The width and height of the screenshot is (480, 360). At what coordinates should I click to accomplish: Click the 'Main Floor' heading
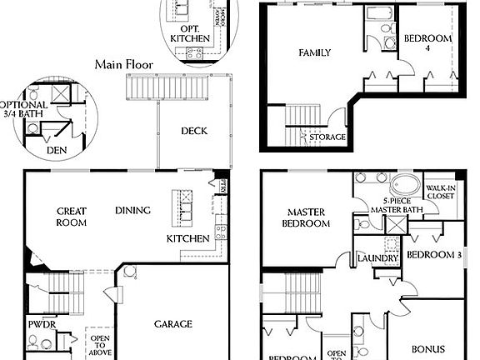[x=122, y=64]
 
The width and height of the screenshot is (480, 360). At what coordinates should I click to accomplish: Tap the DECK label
[x=193, y=131]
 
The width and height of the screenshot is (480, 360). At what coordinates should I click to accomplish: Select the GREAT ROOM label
[x=72, y=217]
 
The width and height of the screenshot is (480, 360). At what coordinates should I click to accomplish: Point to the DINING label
[x=132, y=210]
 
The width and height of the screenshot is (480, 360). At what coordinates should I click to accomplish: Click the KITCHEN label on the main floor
[x=187, y=239]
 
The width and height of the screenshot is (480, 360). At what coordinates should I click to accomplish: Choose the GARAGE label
[x=173, y=324]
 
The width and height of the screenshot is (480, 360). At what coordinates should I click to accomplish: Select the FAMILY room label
[x=315, y=52]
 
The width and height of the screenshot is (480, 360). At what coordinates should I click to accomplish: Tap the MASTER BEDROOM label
[x=306, y=217]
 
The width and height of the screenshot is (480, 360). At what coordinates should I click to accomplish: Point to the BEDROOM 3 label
[x=433, y=255]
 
